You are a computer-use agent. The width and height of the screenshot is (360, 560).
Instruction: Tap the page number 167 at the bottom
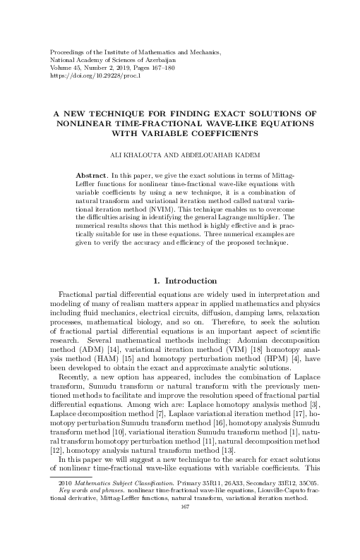186,545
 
